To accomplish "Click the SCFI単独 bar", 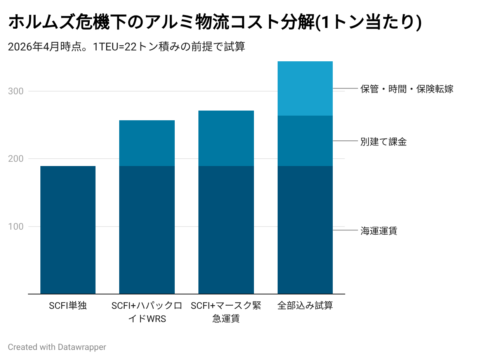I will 68,230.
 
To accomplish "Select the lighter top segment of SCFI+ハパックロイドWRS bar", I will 147,143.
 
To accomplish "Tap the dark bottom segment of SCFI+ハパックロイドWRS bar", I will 147,230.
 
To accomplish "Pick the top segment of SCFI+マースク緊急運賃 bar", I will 226,138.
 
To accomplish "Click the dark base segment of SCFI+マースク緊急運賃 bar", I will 226,230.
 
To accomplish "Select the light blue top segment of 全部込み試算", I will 305,88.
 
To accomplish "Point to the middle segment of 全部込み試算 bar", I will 305,141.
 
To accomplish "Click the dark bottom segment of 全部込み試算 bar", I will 305,230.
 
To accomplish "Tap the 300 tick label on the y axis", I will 16,91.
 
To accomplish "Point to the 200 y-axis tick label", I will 16,159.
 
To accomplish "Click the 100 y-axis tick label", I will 16,227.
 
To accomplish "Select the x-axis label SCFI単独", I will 68,306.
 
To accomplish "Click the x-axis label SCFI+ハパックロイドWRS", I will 147,312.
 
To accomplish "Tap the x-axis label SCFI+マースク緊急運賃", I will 226,312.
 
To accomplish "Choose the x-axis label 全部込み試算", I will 305,306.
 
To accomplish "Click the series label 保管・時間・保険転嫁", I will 407,89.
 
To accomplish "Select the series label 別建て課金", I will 383,142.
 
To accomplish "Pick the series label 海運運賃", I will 379,231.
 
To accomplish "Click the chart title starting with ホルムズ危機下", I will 215,22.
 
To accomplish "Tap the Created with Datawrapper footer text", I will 57,347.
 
